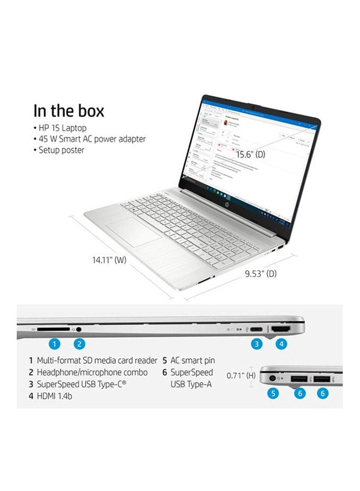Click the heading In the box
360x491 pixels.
[69, 111]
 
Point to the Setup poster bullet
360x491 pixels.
[61, 150]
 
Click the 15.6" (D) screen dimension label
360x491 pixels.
[250, 154]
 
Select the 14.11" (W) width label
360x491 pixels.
[109, 260]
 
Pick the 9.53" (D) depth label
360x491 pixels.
[260, 273]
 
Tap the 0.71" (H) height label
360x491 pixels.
[241, 375]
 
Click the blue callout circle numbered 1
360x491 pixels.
[53, 344]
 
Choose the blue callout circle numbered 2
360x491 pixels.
[80, 344]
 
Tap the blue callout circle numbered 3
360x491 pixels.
[256, 344]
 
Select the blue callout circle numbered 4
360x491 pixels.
[281, 344]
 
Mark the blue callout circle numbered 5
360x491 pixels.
[273, 393]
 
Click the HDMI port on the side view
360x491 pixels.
[281, 330]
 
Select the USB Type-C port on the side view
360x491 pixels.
[256, 330]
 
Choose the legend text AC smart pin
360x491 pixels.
[193, 360]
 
